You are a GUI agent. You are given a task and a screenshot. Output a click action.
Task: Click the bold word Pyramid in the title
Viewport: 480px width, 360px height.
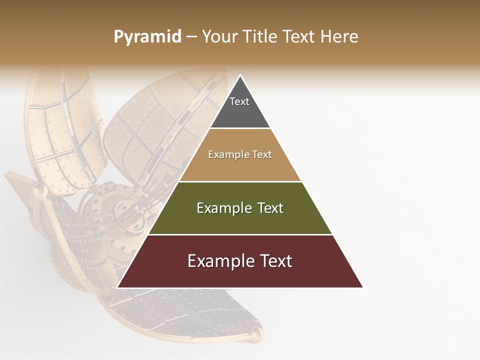(x=147, y=36)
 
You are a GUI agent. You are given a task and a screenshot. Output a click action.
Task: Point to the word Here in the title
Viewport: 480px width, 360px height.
(x=339, y=36)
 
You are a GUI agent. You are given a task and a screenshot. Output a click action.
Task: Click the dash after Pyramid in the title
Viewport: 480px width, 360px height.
(x=191, y=37)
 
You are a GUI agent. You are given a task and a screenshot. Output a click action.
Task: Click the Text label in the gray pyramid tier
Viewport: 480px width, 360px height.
(x=239, y=101)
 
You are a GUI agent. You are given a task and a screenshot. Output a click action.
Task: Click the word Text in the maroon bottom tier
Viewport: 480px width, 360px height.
(x=274, y=261)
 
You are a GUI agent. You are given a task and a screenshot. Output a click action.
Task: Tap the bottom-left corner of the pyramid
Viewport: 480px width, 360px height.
(x=117, y=287)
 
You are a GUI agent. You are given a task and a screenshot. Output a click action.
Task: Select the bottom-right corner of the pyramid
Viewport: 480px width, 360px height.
(x=362, y=287)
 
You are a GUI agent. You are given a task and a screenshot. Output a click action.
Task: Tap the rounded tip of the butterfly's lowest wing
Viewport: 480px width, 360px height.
(x=255, y=333)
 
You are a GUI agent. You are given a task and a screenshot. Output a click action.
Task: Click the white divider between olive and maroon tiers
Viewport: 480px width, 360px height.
(x=240, y=234)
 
